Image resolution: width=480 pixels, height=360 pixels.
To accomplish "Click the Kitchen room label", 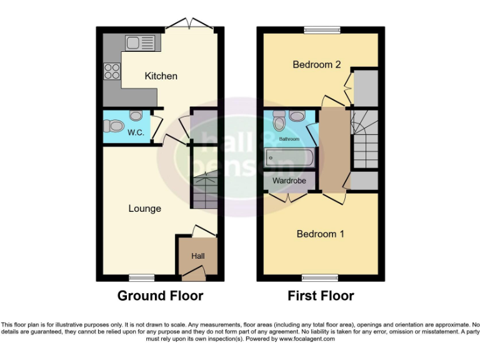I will tap(161, 76).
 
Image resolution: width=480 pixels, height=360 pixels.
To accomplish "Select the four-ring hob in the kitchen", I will tap(112, 71).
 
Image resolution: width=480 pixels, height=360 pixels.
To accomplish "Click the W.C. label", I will tap(136, 133).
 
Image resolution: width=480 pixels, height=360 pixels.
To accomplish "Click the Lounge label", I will tap(144, 209).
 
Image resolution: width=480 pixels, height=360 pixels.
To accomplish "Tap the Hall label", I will tap(197, 256).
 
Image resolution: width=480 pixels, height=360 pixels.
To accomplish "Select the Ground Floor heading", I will tap(160, 296).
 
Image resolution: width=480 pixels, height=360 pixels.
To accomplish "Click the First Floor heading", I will tap(321, 296).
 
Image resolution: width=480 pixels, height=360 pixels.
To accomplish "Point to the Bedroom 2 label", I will tap(317, 64).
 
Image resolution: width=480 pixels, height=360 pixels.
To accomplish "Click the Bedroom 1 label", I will tap(320, 234).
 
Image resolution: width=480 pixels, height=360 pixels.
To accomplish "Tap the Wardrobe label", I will tap(289, 181).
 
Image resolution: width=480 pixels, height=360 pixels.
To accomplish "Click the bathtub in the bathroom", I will tap(288, 157).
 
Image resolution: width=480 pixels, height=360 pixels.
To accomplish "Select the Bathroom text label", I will tap(289, 139).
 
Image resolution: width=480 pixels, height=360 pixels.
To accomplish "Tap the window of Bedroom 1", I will tap(319, 277).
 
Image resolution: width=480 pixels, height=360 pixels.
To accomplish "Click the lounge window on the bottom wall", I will tap(141, 277).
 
